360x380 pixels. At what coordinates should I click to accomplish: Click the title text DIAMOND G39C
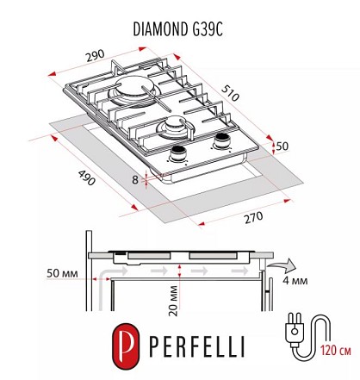[178, 29]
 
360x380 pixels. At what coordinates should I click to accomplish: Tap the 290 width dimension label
[96, 55]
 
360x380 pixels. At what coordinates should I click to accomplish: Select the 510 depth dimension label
[230, 93]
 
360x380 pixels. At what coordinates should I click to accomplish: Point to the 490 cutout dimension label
[87, 178]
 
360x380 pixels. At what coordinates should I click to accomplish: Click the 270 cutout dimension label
[253, 217]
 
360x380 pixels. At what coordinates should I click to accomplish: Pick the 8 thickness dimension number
[135, 180]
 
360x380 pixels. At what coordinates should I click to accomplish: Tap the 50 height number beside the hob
[282, 146]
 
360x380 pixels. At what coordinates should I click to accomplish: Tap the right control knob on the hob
[222, 141]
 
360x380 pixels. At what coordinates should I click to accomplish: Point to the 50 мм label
[62, 273]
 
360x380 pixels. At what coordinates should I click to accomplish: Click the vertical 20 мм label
[173, 301]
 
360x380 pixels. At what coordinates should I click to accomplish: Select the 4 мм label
[295, 280]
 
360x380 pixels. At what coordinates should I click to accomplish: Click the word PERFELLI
[197, 346]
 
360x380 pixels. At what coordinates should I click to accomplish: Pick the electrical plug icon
[295, 330]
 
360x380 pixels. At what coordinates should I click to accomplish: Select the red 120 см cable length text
[336, 351]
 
